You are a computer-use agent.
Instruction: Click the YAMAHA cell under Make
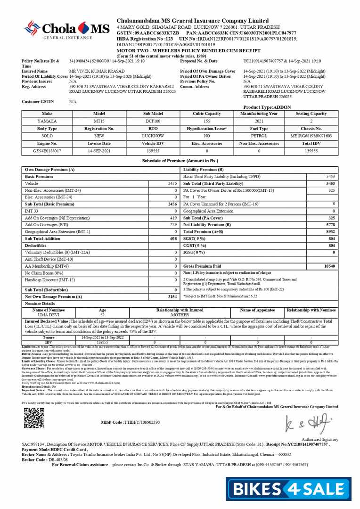[47, 121]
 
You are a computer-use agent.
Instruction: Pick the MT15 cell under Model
[99, 121]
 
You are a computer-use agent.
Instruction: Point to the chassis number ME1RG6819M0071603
[311, 136]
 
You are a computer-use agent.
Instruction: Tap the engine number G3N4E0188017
[47, 151]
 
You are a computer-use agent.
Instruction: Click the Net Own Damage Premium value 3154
[172, 297]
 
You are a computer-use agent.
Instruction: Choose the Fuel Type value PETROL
[259, 136]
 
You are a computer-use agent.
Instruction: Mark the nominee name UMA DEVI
[49, 314]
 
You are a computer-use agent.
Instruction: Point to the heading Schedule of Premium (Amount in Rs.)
[180, 161]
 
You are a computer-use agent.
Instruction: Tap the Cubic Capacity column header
[207, 114]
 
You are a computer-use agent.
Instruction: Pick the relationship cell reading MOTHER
[180, 314]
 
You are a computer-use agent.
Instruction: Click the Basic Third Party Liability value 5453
[330, 176]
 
